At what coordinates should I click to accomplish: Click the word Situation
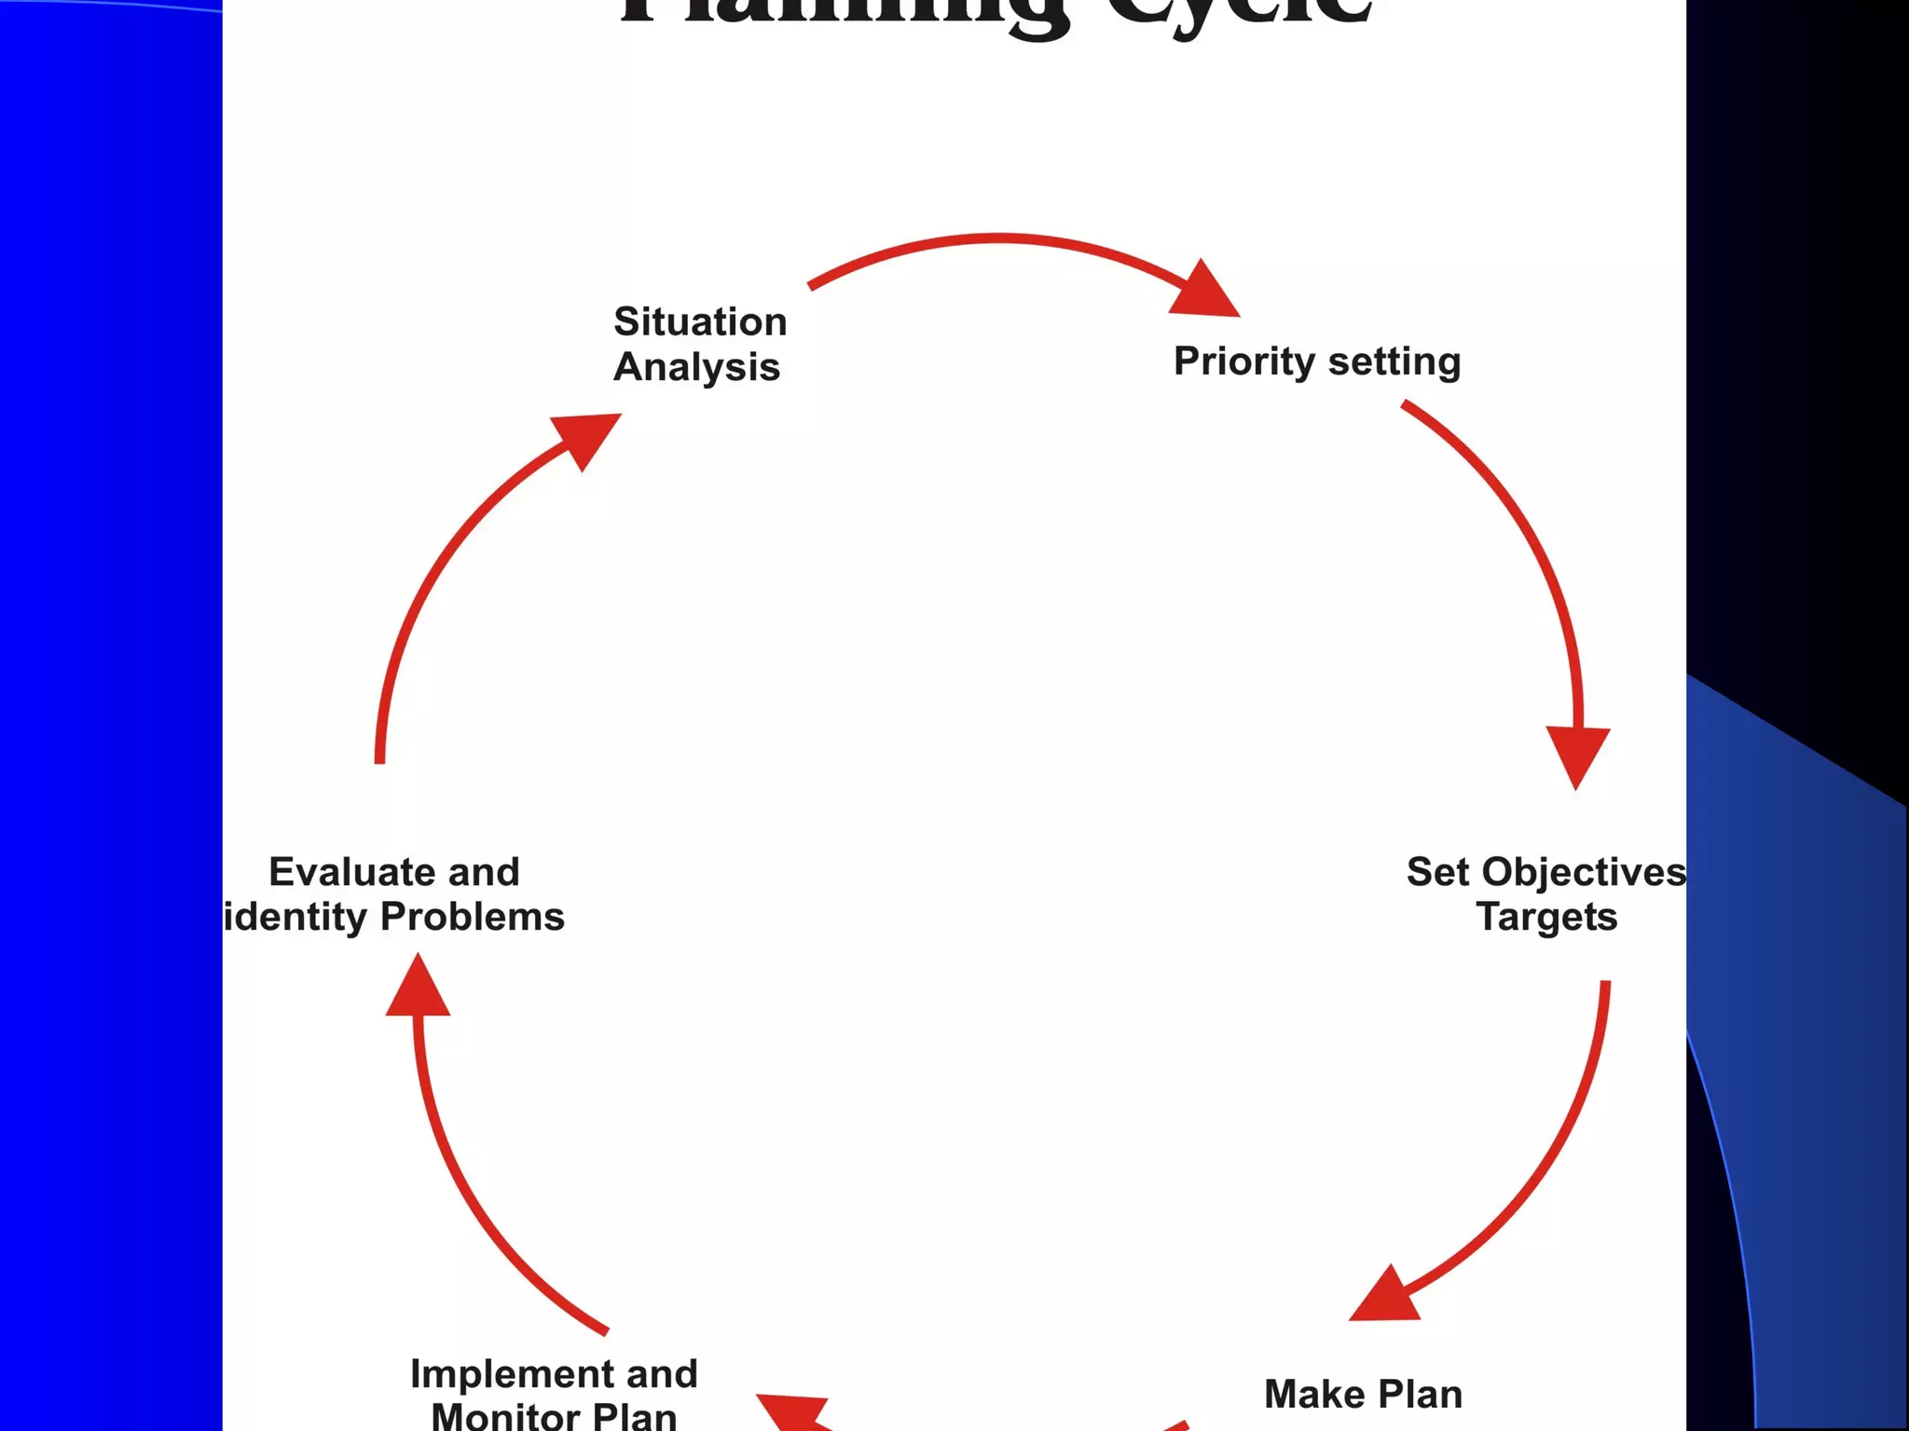tap(700, 321)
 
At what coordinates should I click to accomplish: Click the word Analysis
tap(696, 367)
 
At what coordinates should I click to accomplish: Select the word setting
tap(1394, 362)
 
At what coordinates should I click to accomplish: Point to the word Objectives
tap(1584, 873)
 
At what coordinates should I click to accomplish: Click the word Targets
tap(1546, 918)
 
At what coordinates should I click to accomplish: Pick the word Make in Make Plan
tap(1313, 1395)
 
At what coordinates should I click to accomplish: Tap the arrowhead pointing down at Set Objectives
tap(1577, 753)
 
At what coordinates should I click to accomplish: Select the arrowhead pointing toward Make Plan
tap(1387, 1298)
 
